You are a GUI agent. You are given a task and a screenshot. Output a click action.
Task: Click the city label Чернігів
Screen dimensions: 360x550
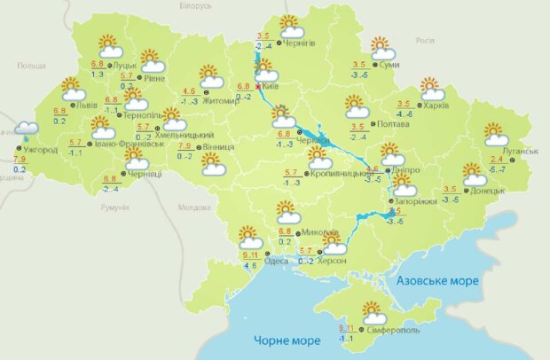[302, 43]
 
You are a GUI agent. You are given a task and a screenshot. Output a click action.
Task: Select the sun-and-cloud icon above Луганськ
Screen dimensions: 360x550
[498, 134]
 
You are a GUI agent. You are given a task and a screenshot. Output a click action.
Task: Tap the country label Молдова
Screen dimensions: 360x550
[194, 207]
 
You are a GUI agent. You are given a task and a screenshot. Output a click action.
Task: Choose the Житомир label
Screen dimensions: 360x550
[222, 101]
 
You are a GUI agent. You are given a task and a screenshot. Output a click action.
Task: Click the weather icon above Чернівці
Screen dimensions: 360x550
[136, 159]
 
